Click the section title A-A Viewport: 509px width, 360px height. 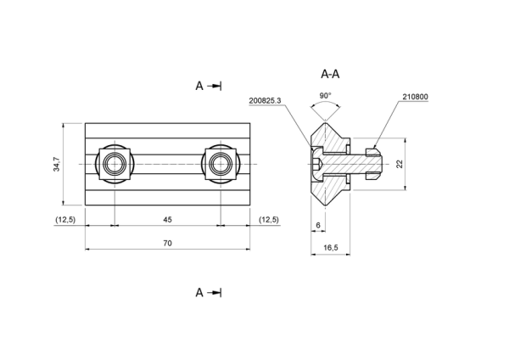pyautogui.click(x=330, y=74)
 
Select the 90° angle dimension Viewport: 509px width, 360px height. pyautogui.click(x=325, y=96)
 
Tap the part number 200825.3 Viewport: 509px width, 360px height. pyautogui.click(x=265, y=101)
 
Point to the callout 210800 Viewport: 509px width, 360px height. pyautogui.click(x=415, y=97)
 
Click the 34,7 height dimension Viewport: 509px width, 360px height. pyautogui.click(x=57, y=164)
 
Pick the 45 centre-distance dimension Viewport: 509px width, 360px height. pyautogui.click(x=167, y=220)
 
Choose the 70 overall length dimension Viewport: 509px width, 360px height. pyautogui.click(x=167, y=244)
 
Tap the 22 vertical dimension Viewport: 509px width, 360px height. pyautogui.click(x=400, y=164)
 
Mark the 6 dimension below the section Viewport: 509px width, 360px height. pyautogui.click(x=318, y=225)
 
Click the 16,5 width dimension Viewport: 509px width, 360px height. pyautogui.click(x=331, y=248)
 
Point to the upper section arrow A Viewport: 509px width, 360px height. pyautogui.click(x=208, y=86)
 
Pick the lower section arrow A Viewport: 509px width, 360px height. pyautogui.click(x=208, y=293)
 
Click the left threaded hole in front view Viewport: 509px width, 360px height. pyautogui.click(x=115, y=164)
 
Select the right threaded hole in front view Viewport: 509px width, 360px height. pyautogui.click(x=221, y=164)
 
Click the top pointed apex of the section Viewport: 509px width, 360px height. pyautogui.click(x=325, y=122)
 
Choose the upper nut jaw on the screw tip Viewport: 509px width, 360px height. pyautogui.click(x=372, y=152)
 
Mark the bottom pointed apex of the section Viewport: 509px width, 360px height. pyautogui.click(x=325, y=205)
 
